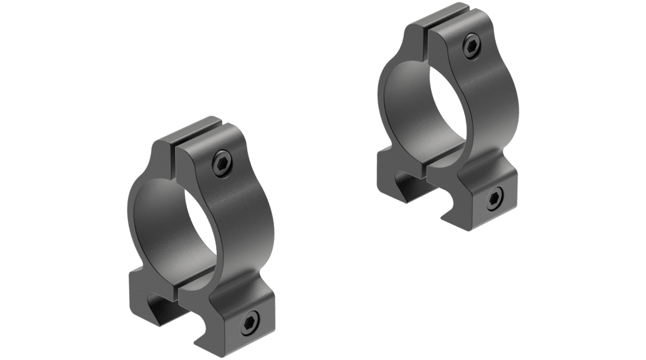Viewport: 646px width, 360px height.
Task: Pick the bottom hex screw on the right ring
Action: pyautogui.click(x=494, y=199)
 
